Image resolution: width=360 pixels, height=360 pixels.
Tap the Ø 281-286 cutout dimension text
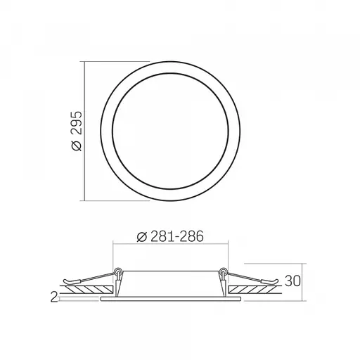coord(169,237)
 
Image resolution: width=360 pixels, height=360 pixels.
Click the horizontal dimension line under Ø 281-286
coord(169,245)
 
